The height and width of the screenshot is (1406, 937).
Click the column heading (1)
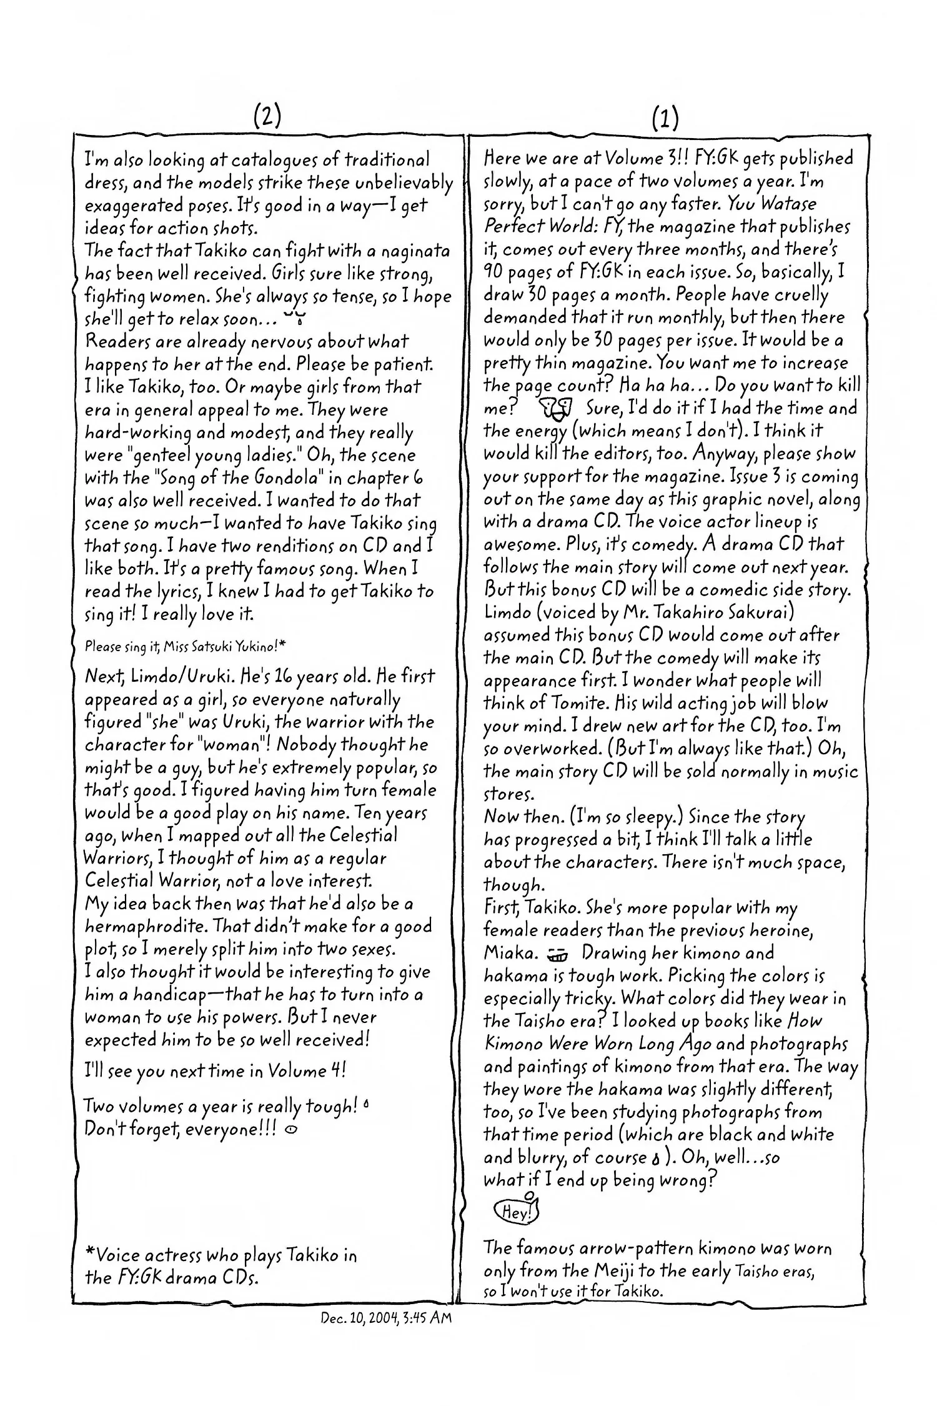pos(665,117)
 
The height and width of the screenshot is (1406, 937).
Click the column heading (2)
pos(267,115)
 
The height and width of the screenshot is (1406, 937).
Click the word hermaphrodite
pos(137,927)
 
